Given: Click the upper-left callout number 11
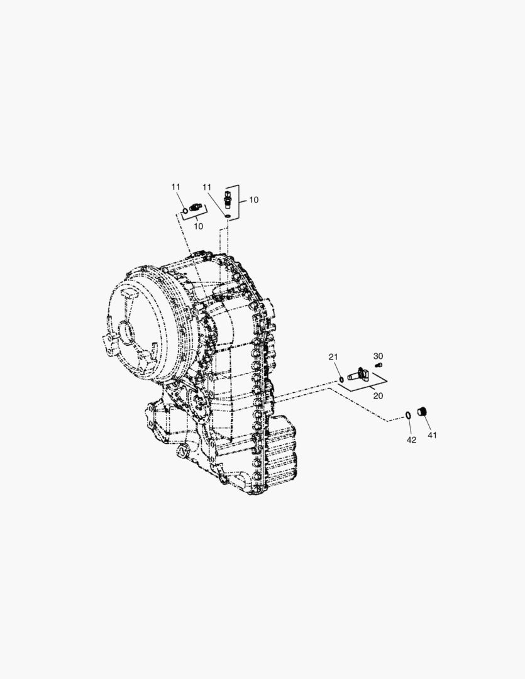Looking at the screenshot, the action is [175, 187].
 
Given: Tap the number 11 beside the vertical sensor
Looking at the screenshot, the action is [207, 187].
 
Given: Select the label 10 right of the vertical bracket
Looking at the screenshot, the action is [253, 200].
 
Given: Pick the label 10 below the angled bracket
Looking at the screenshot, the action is [199, 226].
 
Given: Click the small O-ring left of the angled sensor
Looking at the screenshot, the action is [184, 211].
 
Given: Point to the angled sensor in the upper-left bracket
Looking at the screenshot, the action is [196, 208].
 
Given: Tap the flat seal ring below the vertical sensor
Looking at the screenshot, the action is [228, 215].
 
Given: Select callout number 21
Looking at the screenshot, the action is [333, 357].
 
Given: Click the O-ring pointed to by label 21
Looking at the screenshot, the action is [341, 380].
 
